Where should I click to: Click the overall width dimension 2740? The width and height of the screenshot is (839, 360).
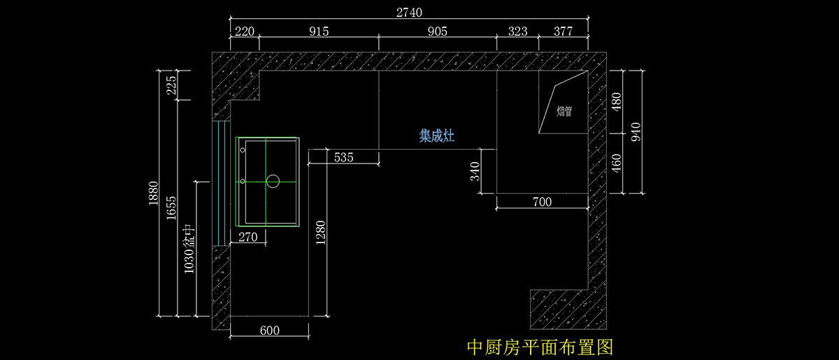409,13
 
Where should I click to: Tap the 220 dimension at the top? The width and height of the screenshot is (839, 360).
244,31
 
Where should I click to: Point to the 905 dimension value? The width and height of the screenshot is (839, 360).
437,31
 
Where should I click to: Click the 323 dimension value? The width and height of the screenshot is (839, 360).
517,31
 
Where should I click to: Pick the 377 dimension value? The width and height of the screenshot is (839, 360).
563,31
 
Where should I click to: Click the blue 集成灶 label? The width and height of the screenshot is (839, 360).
437,136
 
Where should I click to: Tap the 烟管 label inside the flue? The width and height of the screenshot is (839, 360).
564,111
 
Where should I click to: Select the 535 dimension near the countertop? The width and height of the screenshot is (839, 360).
343,157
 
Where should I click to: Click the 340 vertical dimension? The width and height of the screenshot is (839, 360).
475,171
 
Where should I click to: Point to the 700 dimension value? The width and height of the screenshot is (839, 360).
542,202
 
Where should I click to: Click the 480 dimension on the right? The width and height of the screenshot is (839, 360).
616,102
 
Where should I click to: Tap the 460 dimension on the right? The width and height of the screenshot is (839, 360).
616,163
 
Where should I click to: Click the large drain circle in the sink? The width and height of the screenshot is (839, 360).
273,181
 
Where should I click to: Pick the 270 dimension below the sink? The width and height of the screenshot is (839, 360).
248,237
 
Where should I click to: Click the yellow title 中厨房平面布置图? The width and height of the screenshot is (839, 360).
539,347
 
